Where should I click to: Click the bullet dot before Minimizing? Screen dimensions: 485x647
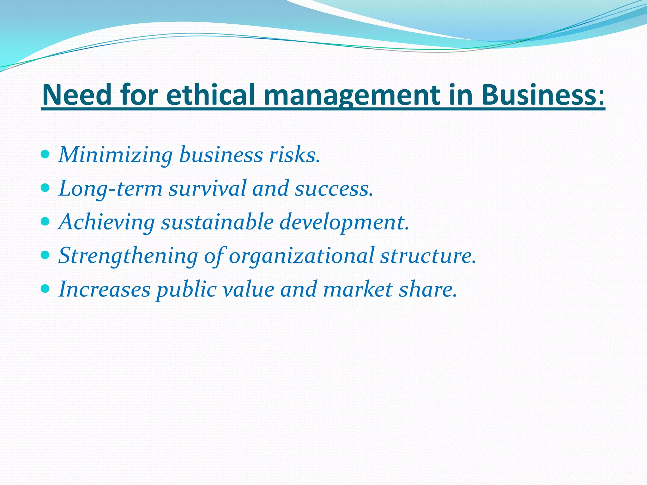point(45,154)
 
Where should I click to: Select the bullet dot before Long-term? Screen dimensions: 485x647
point(45,188)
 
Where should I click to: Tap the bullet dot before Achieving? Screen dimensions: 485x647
point(45,222)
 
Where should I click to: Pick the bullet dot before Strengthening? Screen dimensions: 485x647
point(45,255)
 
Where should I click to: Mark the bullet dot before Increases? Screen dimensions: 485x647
point(45,289)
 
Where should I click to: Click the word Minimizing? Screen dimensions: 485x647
point(116,155)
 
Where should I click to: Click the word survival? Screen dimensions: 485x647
point(207,189)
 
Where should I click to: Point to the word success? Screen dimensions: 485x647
point(334,189)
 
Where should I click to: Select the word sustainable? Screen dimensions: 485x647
point(217,222)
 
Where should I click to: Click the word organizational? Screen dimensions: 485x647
point(302,256)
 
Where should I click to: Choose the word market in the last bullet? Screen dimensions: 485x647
point(358,289)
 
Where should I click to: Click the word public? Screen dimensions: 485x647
point(186,290)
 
